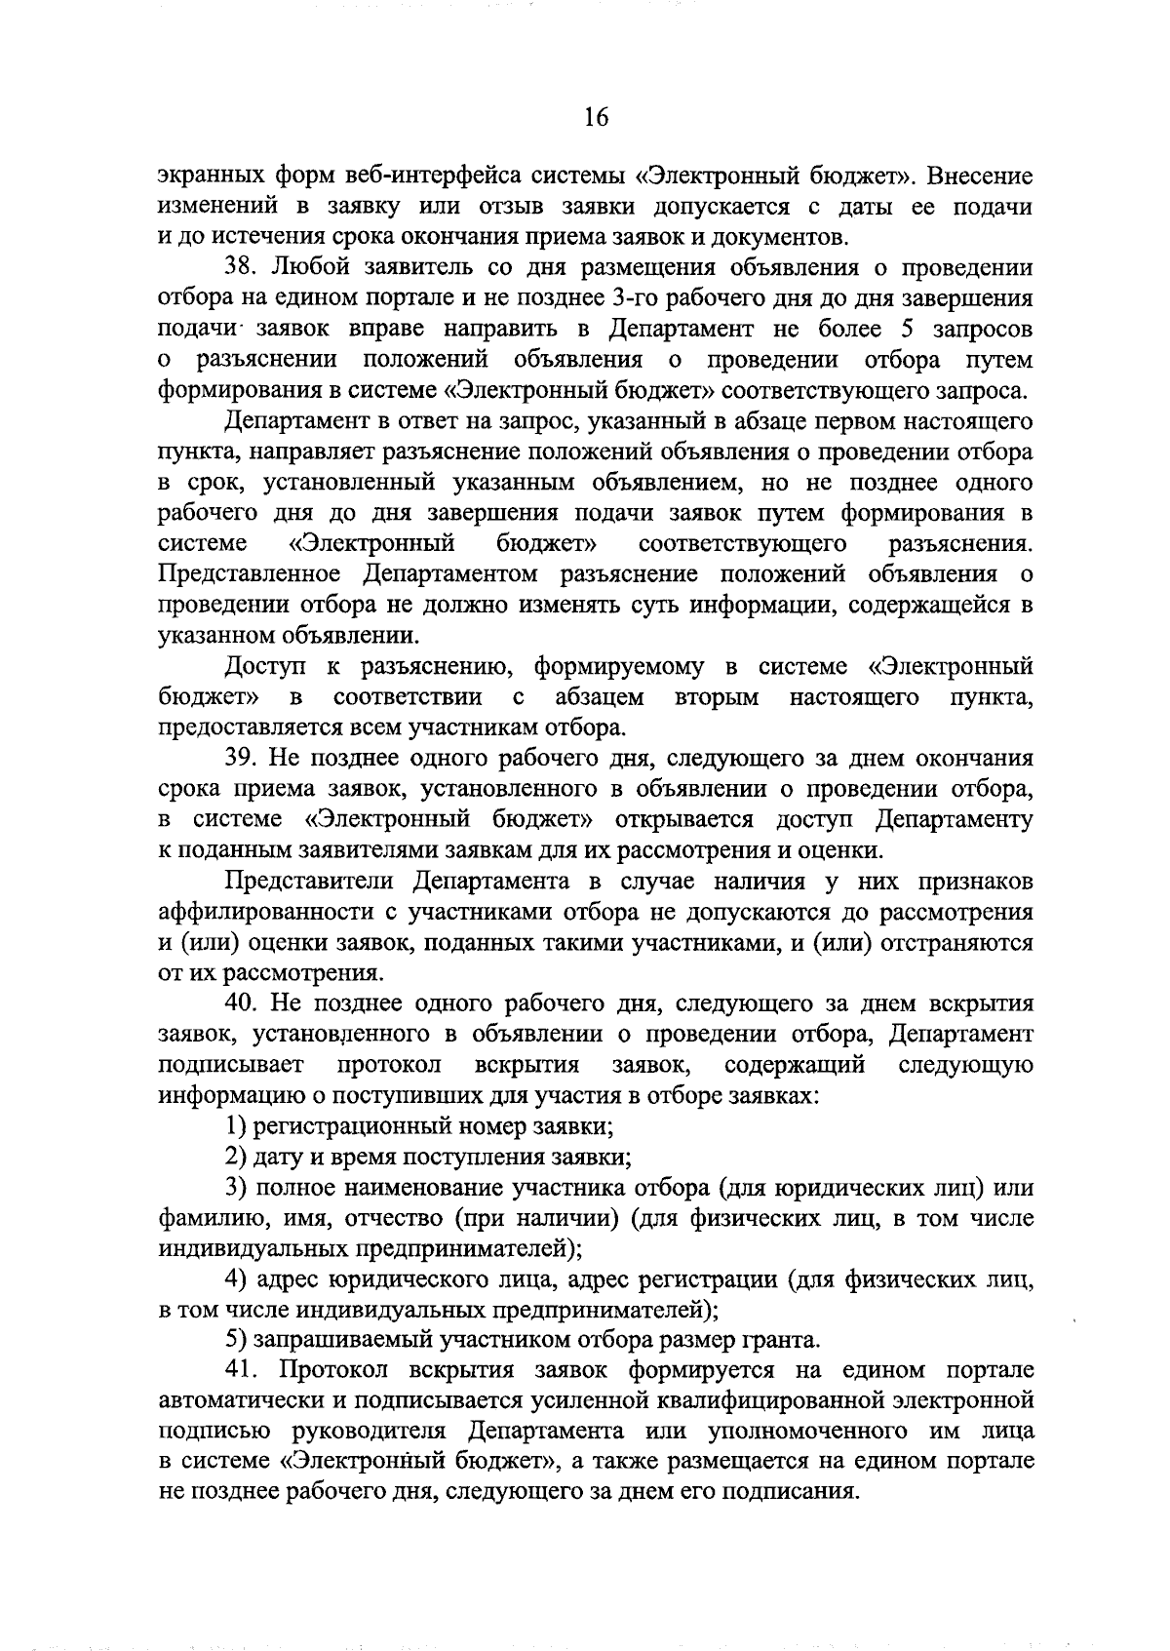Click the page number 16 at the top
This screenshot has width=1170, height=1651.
[x=596, y=118]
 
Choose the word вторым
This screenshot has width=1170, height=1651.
[x=717, y=697]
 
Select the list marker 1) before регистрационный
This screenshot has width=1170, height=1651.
[x=235, y=1126]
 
